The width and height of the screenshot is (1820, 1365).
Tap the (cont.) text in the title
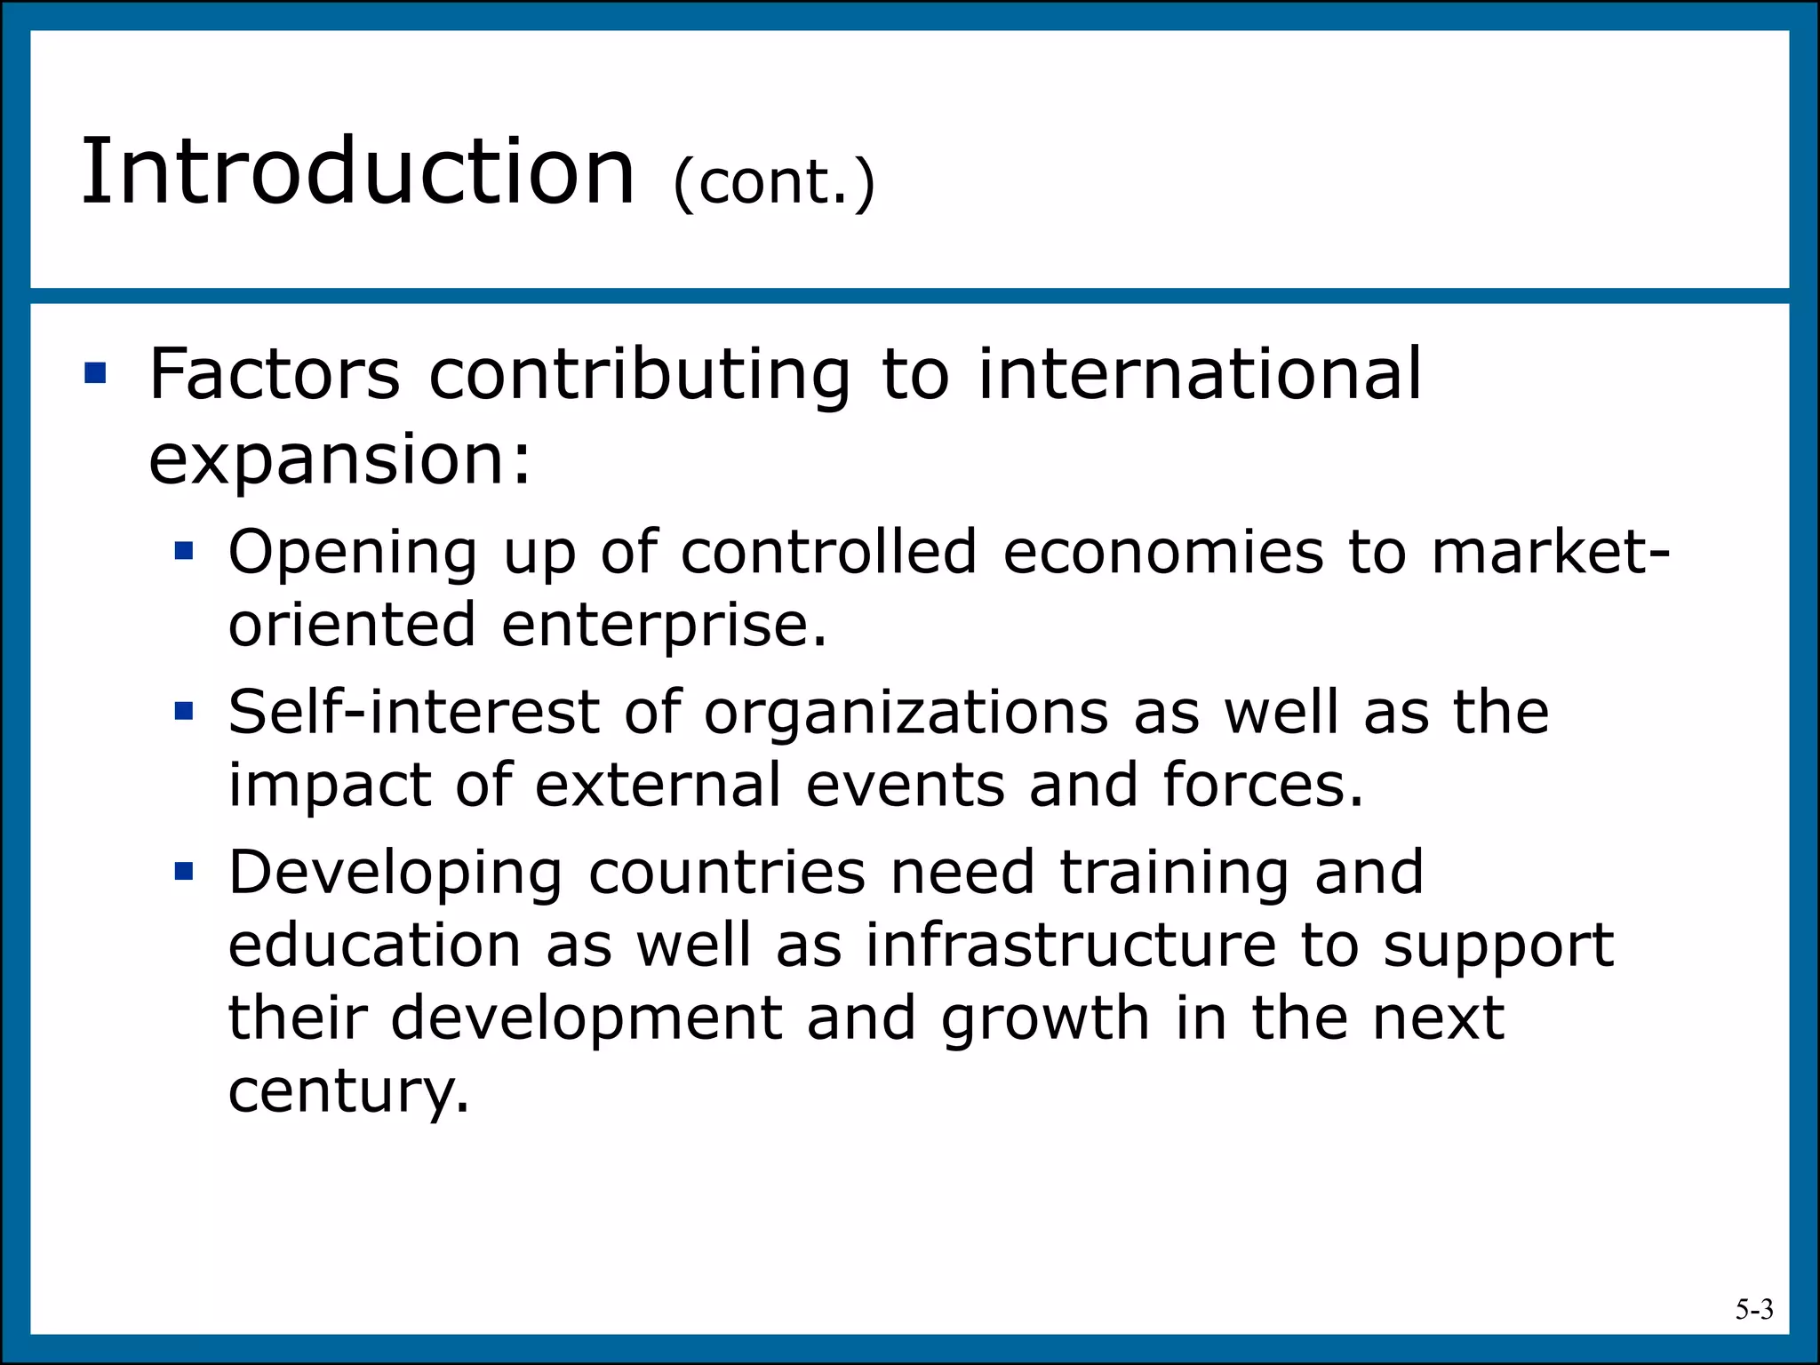tap(773, 183)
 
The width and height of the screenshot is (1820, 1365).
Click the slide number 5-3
tap(1753, 1309)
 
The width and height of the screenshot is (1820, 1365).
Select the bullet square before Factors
tap(95, 372)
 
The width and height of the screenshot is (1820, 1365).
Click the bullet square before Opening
tap(184, 552)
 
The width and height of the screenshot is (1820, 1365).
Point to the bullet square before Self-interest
tap(184, 711)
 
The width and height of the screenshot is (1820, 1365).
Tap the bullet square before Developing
tap(184, 871)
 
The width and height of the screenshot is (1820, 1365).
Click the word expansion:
tap(339, 460)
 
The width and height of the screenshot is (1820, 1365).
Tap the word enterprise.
tap(664, 624)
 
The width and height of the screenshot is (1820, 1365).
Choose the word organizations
tap(906, 713)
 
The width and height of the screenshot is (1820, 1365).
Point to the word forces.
tap(1262, 784)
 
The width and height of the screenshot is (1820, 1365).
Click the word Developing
tap(395, 873)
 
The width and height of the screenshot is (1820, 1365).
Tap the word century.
tap(347, 1090)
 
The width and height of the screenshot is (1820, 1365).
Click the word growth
tap(1045, 1018)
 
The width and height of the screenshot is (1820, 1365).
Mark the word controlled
tap(829, 552)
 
